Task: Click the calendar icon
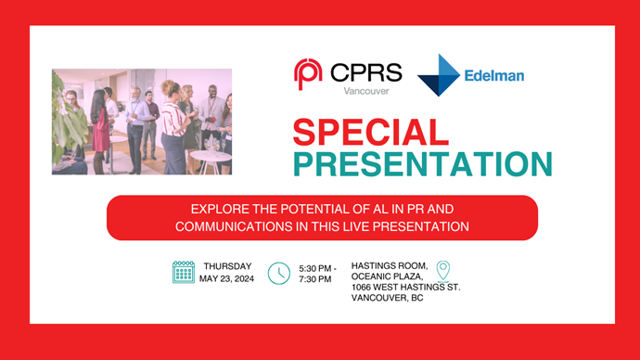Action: [x=184, y=272]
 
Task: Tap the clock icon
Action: [x=278, y=273]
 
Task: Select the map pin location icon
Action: [x=444, y=270]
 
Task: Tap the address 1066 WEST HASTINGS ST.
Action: [x=405, y=288]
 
